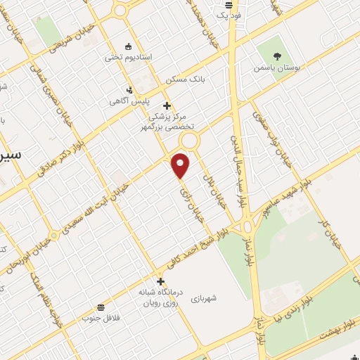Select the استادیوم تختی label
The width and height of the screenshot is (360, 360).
pyautogui.click(x=124, y=58)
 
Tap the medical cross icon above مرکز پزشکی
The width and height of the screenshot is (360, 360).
pyautogui.click(x=166, y=105)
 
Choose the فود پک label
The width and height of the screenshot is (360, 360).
pyautogui.click(x=229, y=14)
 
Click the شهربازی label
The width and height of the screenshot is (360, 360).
pyautogui.click(x=203, y=298)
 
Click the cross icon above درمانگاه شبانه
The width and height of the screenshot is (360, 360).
pyautogui.click(x=160, y=281)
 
